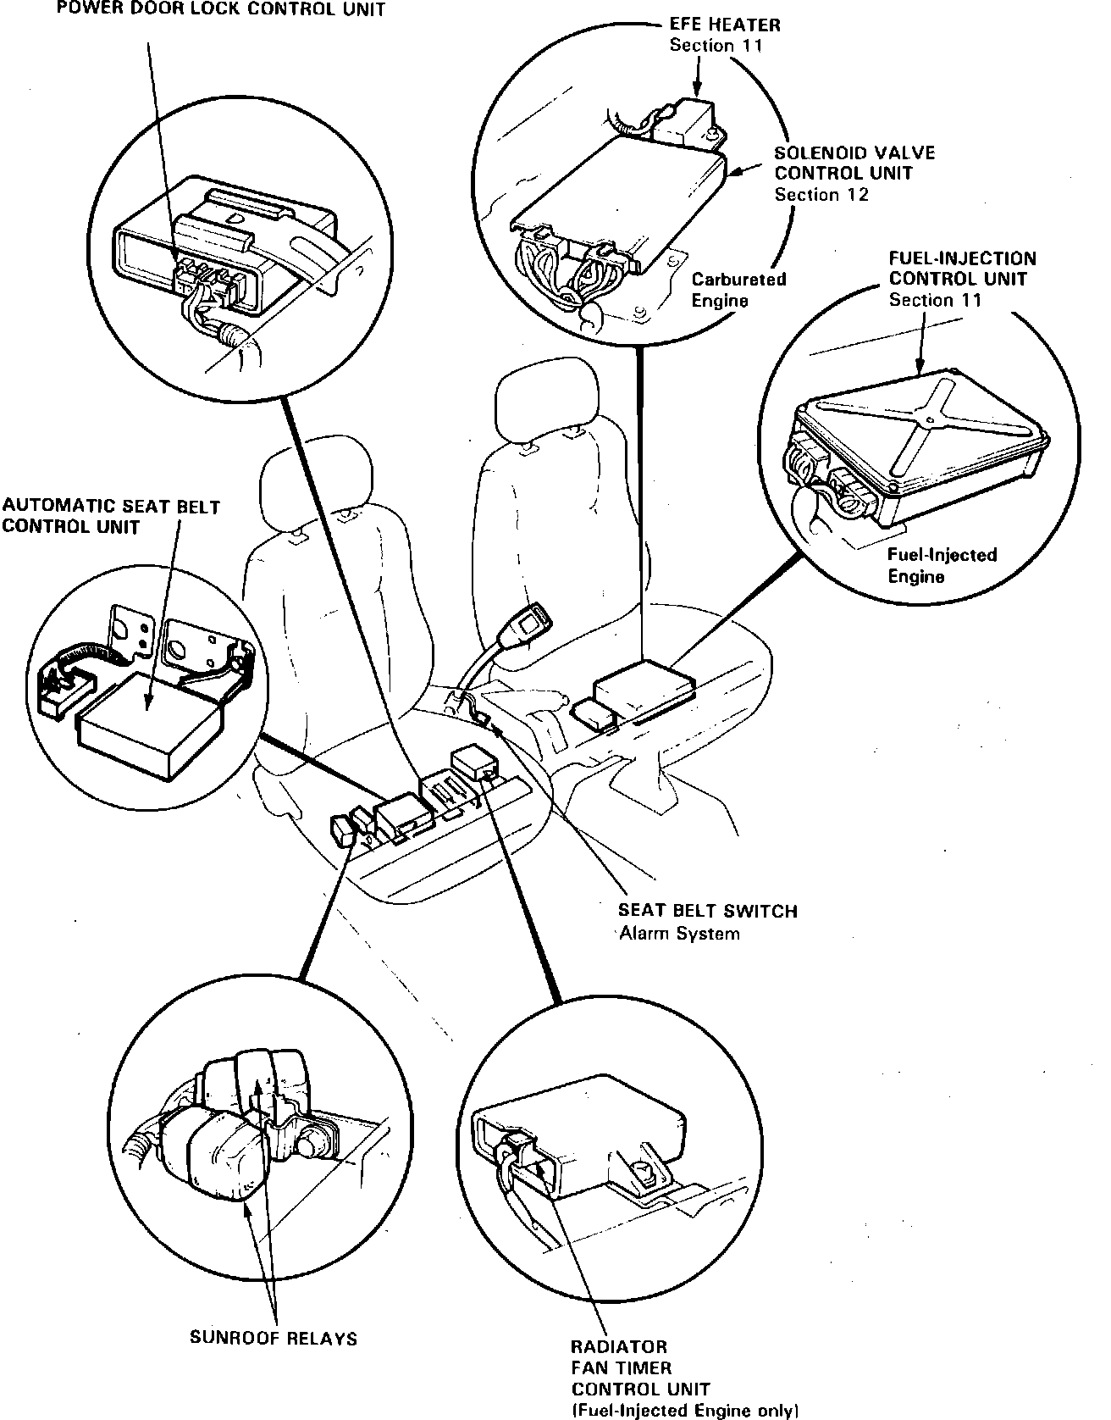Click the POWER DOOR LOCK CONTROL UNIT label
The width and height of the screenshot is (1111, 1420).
tap(221, 9)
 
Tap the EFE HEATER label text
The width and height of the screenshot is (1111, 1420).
tap(725, 25)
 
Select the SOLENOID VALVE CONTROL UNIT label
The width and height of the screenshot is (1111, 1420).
tap(854, 164)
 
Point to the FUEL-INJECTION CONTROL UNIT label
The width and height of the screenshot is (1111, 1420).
tap(962, 269)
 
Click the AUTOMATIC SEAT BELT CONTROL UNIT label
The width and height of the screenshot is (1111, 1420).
tap(111, 517)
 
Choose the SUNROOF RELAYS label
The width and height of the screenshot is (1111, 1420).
tap(273, 1338)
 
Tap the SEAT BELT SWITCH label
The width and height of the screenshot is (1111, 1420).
tap(708, 912)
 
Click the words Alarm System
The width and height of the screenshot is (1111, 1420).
tap(679, 934)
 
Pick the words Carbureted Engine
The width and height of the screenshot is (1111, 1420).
tap(738, 290)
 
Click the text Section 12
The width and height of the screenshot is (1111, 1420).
tap(821, 195)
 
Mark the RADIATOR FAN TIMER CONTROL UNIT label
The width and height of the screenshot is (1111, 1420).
tap(640, 1367)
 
